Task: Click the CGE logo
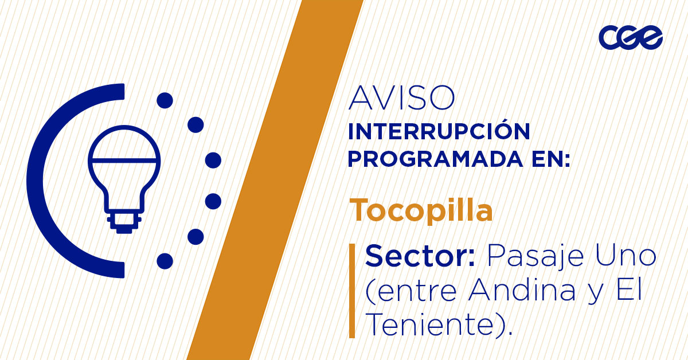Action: tap(630, 38)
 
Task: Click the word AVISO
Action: tap(401, 99)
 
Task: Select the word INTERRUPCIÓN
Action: tap(439, 132)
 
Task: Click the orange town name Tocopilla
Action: tap(421, 210)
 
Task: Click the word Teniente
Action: tap(429, 325)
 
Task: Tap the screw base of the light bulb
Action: tap(124, 222)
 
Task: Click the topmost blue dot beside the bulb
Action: tap(165, 101)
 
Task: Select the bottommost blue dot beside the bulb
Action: tap(165, 261)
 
